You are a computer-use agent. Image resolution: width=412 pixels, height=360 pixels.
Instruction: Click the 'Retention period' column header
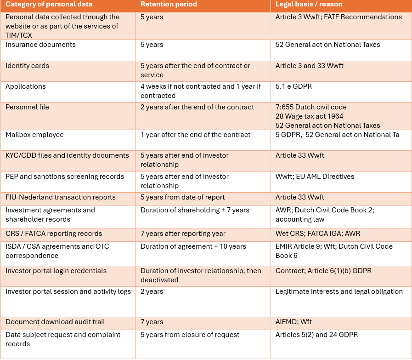coord(169,4)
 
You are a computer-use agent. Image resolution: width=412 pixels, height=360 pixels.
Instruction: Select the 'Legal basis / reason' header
coord(309,4)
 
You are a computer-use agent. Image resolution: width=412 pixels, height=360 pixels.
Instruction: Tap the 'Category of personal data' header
coord(49,4)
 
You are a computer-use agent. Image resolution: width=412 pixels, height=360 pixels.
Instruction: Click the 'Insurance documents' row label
coord(40,45)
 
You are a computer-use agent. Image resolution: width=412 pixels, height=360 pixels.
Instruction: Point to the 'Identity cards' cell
coord(27,66)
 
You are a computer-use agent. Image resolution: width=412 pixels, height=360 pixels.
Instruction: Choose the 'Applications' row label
coord(25,86)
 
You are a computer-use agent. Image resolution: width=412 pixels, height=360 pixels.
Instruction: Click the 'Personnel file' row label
coord(27,107)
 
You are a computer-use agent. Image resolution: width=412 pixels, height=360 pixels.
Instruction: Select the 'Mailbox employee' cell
coord(34,135)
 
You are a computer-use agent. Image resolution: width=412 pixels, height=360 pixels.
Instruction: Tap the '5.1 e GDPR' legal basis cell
coord(293,86)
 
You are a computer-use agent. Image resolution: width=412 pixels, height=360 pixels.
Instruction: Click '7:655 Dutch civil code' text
coord(311,107)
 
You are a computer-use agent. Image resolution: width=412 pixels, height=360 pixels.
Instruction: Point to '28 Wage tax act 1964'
coord(309,116)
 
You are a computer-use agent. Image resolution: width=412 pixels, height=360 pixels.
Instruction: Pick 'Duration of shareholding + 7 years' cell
coord(195,210)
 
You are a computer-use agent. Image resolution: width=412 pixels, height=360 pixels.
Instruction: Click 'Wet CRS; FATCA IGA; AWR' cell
coord(318,234)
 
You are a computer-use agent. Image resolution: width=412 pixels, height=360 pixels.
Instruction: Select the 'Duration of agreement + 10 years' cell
coord(193,246)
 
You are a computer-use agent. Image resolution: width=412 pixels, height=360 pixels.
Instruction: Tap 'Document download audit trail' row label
coord(55,322)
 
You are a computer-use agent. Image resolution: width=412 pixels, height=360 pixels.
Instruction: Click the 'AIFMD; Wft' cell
coord(293,322)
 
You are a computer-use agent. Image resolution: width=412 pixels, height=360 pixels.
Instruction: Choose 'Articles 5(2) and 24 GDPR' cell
coord(316,335)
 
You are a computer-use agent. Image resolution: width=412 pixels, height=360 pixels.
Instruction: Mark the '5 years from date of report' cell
coord(183,197)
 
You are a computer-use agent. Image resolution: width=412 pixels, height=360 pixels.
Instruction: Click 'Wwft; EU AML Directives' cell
coord(315,177)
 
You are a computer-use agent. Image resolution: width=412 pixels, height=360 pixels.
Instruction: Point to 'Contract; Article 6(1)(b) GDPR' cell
coord(323,271)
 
